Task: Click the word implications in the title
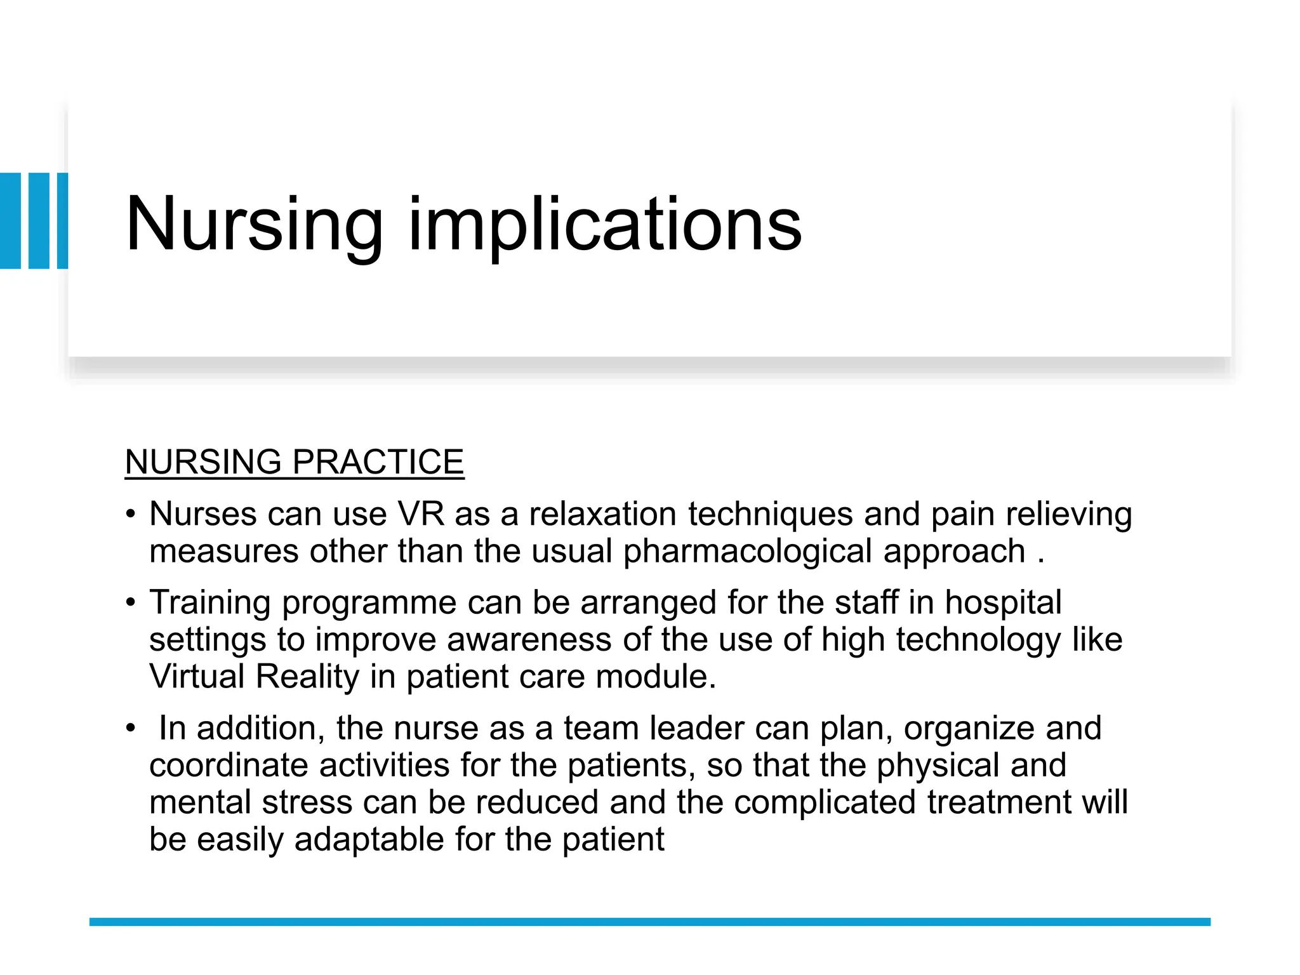point(605,225)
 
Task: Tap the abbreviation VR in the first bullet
point(421,514)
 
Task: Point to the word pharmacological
point(747,551)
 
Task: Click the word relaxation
point(603,514)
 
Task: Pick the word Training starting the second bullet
point(210,602)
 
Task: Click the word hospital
point(1003,602)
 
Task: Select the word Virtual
point(197,676)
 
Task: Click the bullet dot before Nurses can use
point(130,514)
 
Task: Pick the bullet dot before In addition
point(130,728)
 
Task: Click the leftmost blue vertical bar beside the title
point(10,220)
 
